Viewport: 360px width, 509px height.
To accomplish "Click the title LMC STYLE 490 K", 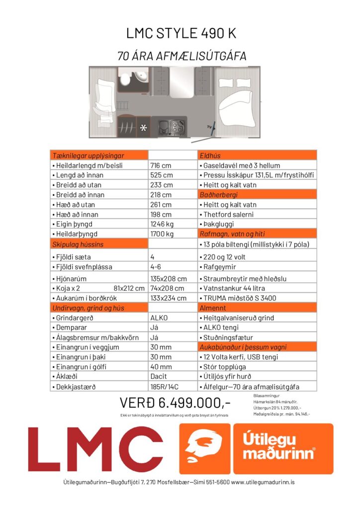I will pos(181,34).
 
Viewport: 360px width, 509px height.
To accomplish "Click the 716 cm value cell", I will pos(161,166).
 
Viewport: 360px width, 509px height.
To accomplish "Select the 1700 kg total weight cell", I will pos(163,234).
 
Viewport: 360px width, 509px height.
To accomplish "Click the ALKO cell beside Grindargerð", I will pos(159,318).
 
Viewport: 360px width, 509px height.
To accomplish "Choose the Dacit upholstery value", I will pos(159,377).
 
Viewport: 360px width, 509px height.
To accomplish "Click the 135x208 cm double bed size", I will pos(169,279).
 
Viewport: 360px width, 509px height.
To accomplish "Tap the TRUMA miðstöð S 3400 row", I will pos(239,298).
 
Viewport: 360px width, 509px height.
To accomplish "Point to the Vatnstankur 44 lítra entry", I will pos(234,288).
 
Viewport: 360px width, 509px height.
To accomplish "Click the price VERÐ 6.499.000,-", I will pos(176,403).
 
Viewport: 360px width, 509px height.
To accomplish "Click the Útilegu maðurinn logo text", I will pos(283,446).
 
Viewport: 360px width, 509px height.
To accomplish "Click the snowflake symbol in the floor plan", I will pos(143,128).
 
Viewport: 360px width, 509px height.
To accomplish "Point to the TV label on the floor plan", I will pos(209,128).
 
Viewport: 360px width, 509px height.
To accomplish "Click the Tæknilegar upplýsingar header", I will pos(89,156).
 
